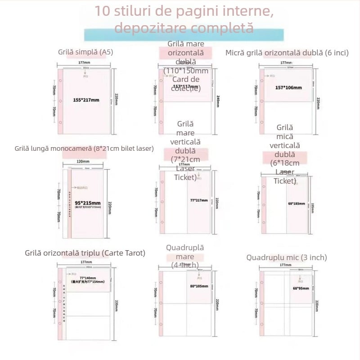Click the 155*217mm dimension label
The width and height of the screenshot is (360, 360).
85,99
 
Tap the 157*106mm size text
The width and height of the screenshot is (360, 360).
288,87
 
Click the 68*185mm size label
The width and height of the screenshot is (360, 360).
296,203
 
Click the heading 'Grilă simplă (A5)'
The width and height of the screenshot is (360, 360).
85,52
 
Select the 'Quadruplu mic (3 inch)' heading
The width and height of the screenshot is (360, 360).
287,257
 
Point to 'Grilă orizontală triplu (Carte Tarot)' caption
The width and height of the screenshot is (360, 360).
85,253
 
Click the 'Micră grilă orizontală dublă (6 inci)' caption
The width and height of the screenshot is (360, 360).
287,53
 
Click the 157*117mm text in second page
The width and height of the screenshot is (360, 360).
185,86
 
